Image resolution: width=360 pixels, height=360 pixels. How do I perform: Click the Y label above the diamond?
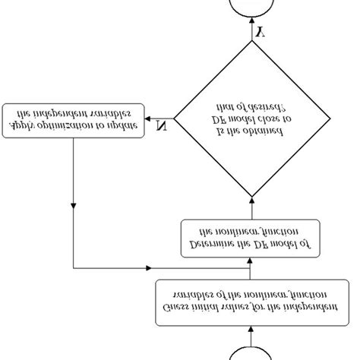tap(260, 33)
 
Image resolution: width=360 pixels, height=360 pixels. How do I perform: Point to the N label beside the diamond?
tap(161, 125)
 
